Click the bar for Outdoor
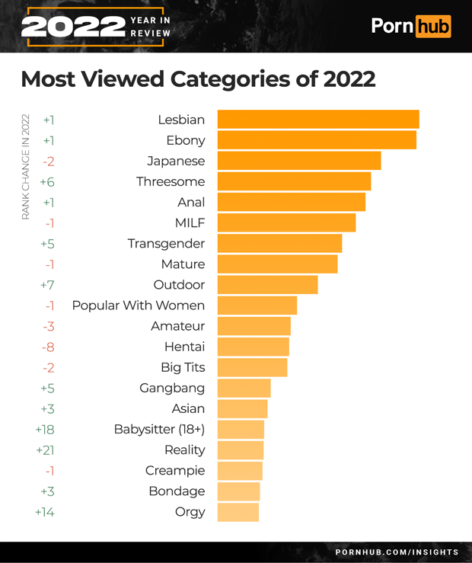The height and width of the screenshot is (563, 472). (267, 285)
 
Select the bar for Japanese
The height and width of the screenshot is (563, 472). (298, 161)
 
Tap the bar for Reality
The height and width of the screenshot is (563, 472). (241, 450)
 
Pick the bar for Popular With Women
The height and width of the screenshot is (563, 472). (257, 305)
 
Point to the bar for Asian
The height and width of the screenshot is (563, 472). (242, 409)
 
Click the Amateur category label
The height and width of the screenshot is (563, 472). (177, 326)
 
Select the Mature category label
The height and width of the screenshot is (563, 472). (183, 264)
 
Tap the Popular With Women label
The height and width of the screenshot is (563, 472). (138, 305)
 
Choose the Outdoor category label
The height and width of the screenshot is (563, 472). (179, 285)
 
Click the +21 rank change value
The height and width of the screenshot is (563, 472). (45, 450)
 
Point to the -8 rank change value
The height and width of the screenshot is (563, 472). (47, 347)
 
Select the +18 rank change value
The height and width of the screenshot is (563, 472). (45, 430)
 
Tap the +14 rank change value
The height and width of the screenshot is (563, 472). (45, 512)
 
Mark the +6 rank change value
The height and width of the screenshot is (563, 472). (47, 181)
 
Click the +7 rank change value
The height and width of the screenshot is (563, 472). (47, 285)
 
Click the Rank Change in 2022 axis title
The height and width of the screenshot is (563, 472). (25, 167)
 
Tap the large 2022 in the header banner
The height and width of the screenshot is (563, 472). (73, 27)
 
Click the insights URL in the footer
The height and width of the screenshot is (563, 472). (397, 552)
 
